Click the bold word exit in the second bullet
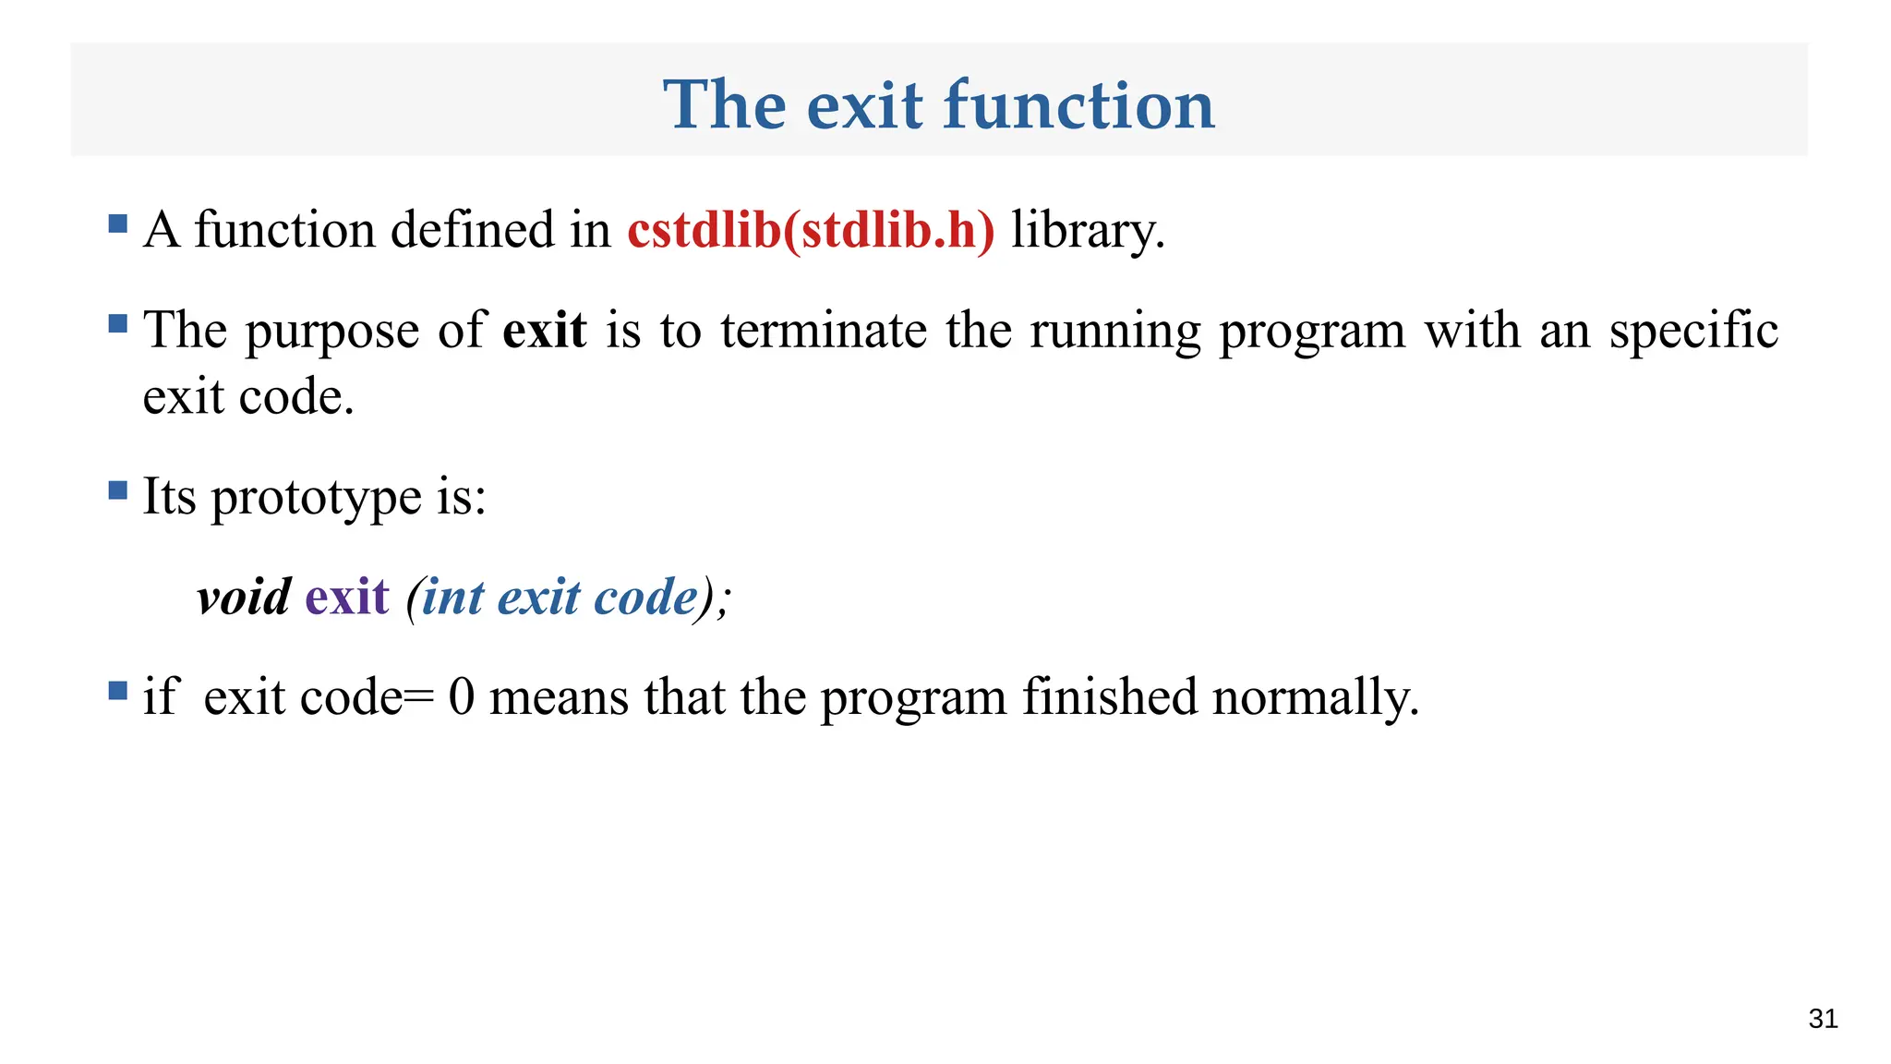tap(544, 330)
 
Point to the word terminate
tap(824, 330)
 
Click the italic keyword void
tap(244, 597)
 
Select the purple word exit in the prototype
tap(347, 597)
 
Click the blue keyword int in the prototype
tap(452, 597)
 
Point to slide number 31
tap(1823, 1019)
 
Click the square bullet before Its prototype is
tap(117, 490)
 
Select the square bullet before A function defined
tap(117, 224)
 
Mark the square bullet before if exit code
tap(117, 690)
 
